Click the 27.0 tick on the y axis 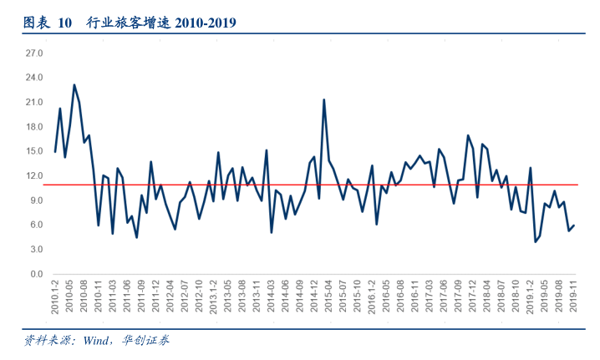[34, 53]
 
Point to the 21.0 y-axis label [34, 103]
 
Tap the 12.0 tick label [34, 176]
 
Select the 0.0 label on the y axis [37, 274]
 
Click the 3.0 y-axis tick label [37, 250]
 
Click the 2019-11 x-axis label [573, 296]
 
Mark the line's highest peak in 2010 [74, 84]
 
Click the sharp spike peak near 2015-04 [323, 99]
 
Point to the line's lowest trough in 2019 [535, 242]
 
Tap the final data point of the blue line [574, 226]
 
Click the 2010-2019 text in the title [205, 23]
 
